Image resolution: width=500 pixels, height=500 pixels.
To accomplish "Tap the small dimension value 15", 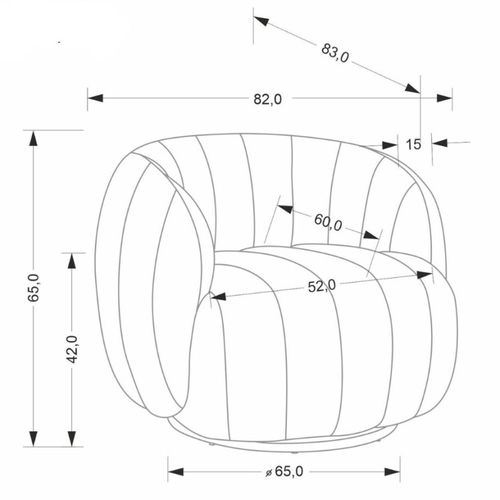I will coord(413,144).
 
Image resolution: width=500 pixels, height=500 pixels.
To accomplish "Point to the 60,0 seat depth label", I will coord(328,222).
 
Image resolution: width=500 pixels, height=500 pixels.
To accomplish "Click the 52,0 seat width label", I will coord(321,286).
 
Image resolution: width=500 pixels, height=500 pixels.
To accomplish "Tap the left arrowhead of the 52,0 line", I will coord(218,297).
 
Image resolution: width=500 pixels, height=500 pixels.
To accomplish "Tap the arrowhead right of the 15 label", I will coord(437,143).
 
